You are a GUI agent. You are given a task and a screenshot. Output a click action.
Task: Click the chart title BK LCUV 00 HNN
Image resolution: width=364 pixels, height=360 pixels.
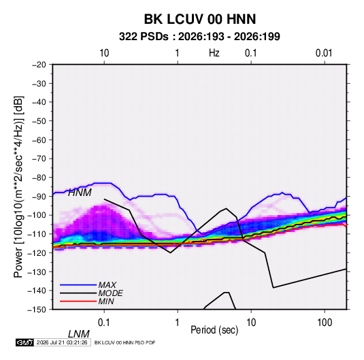(x=200, y=19)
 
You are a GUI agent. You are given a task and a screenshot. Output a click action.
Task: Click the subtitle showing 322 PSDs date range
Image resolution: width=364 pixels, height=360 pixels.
(x=199, y=37)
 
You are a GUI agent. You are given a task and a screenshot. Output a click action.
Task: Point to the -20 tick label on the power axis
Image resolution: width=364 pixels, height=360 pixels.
(x=39, y=65)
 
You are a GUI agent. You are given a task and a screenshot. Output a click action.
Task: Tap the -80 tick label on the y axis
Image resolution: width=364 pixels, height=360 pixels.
(x=39, y=178)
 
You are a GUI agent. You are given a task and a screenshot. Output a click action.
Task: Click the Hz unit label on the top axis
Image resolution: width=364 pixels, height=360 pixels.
(x=214, y=53)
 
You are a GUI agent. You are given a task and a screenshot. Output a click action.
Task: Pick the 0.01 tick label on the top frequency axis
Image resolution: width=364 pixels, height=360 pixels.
(x=324, y=53)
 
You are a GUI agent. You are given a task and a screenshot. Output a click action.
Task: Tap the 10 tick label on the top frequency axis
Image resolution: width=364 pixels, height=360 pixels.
(x=104, y=53)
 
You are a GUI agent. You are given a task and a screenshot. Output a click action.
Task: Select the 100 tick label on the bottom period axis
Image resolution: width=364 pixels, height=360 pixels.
(x=325, y=323)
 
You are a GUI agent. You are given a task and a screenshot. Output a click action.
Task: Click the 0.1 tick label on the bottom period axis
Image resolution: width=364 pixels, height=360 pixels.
(x=104, y=323)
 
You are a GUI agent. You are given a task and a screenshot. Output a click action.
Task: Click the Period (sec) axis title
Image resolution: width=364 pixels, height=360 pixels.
(x=214, y=330)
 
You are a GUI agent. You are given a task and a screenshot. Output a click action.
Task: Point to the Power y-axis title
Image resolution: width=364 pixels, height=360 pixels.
(x=18, y=186)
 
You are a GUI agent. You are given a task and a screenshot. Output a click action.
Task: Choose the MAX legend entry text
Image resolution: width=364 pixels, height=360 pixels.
(x=107, y=285)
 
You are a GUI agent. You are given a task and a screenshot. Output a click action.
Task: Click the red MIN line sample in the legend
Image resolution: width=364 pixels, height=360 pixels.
(x=78, y=301)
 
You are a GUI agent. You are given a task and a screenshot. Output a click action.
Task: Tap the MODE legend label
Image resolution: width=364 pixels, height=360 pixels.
(x=110, y=293)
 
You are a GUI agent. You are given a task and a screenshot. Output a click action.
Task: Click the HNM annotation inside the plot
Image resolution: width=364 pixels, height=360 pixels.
(x=80, y=193)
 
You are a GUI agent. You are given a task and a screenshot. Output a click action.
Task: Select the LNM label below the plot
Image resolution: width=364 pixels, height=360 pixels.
(x=79, y=334)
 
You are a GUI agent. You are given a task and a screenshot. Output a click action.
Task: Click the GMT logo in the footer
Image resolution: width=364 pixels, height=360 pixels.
(x=25, y=342)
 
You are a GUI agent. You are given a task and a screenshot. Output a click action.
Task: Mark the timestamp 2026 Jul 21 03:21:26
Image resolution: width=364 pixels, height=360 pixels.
(x=62, y=342)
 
